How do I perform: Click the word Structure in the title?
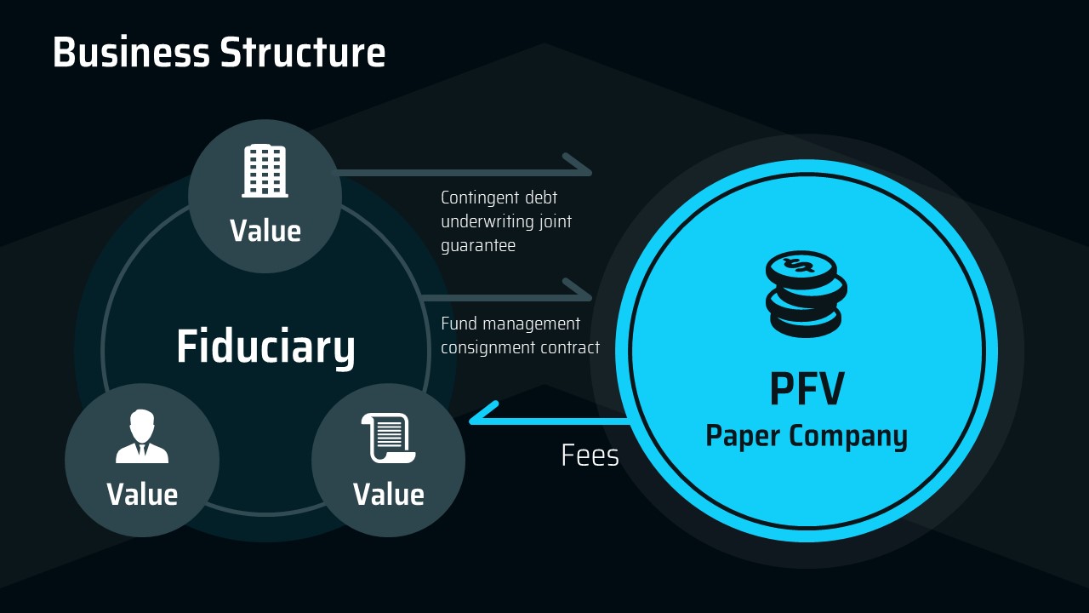click(x=303, y=53)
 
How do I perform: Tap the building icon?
click(x=265, y=171)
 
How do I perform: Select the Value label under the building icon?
click(x=265, y=231)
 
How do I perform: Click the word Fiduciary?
click(x=265, y=347)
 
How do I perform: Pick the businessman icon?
click(x=142, y=437)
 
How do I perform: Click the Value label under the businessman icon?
click(x=142, y=495)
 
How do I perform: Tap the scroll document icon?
click(x=388, y=438)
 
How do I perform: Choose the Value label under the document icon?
click(x=388, y=495)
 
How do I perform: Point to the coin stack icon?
click(x=805, y=295)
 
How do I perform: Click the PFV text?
click(x=807, y=389)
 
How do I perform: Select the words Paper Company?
click(x=807, y=436)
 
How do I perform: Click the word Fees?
click(x=590, y=456)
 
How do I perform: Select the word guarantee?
click(x=478, y=245)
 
